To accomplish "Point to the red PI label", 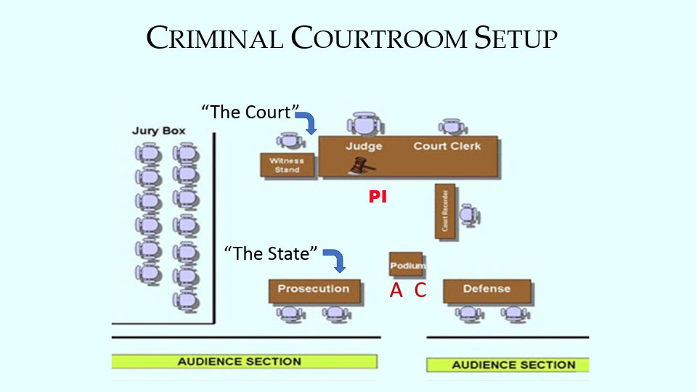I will tap(378, 197).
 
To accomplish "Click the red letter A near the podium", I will tap(396, 291).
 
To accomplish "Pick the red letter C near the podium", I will tap(420, 291).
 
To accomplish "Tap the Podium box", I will tap(406, 265).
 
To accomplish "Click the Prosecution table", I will tap(314, 290).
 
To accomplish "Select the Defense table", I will tap(486, 290).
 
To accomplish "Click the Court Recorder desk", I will tap(444, 211).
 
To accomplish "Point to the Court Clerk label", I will tap(447, 146).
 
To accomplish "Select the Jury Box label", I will tap(158, 131).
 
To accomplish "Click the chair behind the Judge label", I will tap(362, 124).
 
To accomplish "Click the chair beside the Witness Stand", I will tap(288, 142).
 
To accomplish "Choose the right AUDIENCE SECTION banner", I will tap(514, 364).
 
